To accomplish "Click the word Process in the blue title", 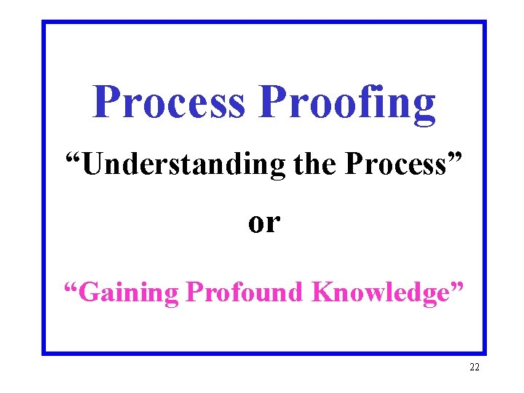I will [x=169, y=103].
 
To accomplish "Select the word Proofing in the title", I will [x=347, y=103].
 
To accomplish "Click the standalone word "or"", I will [x=263, y=222].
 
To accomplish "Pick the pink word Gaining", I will [x=128, y=292].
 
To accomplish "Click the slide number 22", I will [x=475, y=368].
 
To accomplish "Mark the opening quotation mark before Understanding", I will [x=72, y=156].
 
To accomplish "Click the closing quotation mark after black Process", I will [x=456, y=156].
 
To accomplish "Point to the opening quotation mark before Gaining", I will [x=70, y=284].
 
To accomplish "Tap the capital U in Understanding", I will [x=92, y=164].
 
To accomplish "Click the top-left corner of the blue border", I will [x=44, y=22].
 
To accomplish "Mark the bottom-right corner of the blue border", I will [x=484, y=353].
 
